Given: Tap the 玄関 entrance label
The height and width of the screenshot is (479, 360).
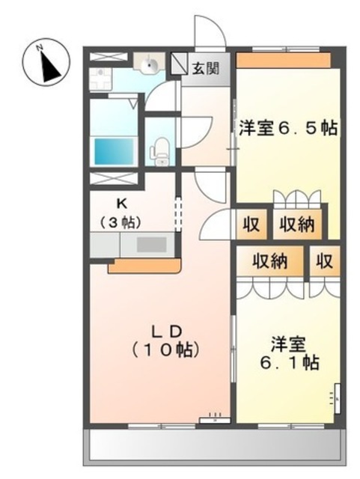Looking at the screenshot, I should coord(206,70).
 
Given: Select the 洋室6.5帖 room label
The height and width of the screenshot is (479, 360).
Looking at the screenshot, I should coord(287,128).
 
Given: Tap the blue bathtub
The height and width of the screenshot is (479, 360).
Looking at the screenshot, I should coord(113,150).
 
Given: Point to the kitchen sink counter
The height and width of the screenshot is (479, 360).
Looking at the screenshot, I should coord(132,245).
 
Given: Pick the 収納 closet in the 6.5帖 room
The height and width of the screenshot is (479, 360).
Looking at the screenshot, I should coord(297,223).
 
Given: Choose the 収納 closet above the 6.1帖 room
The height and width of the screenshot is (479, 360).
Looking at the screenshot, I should coord(269,261).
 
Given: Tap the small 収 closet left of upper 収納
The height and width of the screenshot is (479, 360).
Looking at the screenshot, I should coord(250,223).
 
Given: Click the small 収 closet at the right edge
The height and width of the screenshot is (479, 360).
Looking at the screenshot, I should coord(324,261).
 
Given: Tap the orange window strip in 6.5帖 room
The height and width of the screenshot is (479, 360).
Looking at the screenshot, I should coord(284,60).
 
